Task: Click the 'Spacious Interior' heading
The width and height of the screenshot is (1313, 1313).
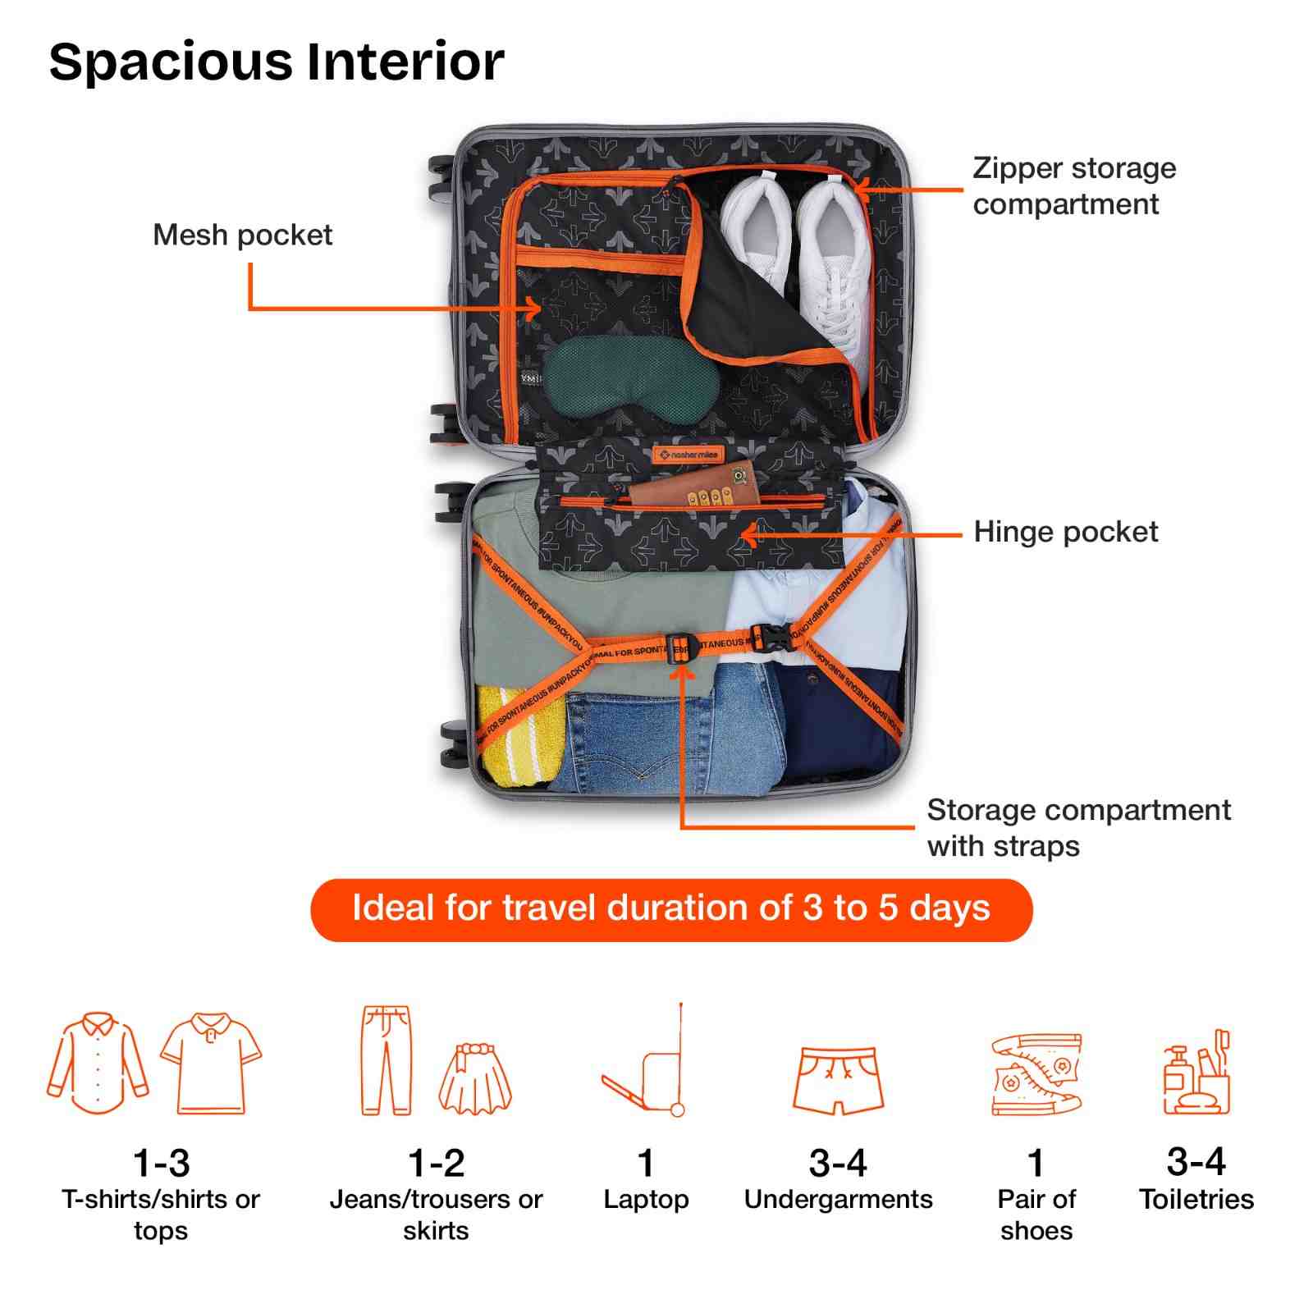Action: click(x=277, y=62)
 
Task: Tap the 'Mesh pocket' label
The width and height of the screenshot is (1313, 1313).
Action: click(x=242, y=236)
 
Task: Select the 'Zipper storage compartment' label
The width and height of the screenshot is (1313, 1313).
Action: click(x=1073, y=186)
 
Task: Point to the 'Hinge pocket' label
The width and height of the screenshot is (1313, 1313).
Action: click(x=1065, y=532)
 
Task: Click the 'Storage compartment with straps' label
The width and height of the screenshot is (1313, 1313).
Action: click(x=1077, y=827)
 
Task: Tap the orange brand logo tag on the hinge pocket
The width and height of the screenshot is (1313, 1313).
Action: click(x=688, y=454)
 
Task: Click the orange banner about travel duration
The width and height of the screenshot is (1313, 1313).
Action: click(x=670, y=909)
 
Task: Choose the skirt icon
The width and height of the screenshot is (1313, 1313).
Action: click(x=475, y=1077)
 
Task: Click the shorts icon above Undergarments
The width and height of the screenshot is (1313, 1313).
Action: click(x=838, y=1079)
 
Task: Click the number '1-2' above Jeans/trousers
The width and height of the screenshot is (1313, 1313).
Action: click(x=436, y=1163)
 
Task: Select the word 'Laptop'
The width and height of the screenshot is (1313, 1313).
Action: click(x=646, y=1200)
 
